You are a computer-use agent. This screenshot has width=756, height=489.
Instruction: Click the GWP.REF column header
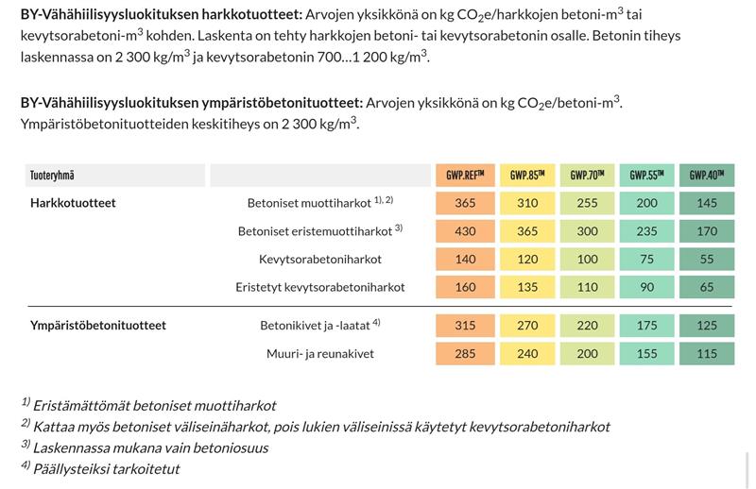click(x=465, y=175)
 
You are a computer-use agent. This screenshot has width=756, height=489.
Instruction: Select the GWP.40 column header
click(x=706, y=175)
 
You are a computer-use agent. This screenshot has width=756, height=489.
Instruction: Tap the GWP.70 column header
click(x=587, y=175)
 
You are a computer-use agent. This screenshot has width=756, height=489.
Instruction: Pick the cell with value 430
click(x=465, y=231)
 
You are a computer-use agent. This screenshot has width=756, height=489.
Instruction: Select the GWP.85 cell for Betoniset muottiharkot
click(x=527, y=203)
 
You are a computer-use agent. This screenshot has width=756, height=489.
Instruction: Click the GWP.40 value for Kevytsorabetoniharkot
click(x=706, y=259)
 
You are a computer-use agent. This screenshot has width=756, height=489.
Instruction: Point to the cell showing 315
click(x=465, y=326)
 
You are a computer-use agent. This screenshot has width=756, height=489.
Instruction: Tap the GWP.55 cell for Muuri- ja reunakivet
click(x=646, y=353)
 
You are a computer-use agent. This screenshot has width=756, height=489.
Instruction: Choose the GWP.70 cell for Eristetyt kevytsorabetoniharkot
click(x=587, y=287)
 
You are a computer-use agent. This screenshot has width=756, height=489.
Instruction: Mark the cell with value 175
click(x=646, y=326)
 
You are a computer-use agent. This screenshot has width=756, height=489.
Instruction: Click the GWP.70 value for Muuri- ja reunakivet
click(x=587, y=353)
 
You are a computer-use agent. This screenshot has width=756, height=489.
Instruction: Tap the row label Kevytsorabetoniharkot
click(x=319, y=259)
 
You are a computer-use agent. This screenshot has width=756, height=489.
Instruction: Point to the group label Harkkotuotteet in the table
click(x=73, y=203)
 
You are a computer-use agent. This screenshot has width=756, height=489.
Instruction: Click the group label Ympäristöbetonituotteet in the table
click(x=97, y=326)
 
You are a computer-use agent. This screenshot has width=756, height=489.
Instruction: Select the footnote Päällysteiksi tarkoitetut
click(x=106, y=468)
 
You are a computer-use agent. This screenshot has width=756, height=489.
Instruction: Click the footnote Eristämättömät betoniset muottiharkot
click(x=154, y=405)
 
